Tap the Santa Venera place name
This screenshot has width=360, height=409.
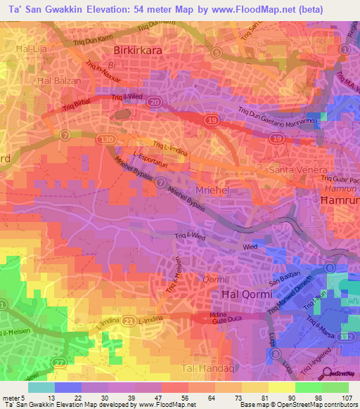[299, 171]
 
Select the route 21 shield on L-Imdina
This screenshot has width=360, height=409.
[127, 320]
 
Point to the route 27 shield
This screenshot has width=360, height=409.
[65, 362]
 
